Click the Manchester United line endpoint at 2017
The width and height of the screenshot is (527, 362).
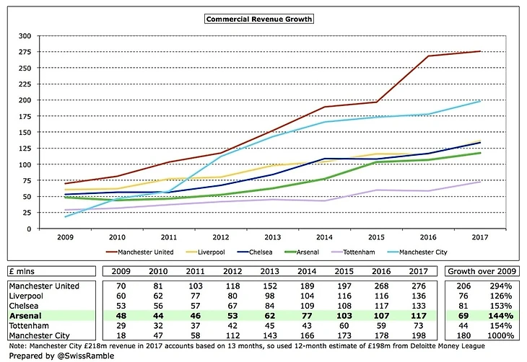(x=480, y=51)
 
